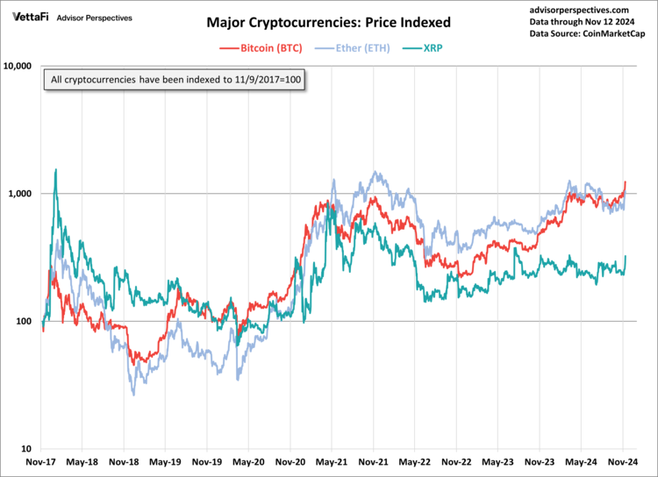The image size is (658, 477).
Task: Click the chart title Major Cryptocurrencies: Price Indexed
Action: click(329, 22)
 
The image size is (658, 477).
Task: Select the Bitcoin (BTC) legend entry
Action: click(261, 48)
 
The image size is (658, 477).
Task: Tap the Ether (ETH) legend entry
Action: click(352, 48)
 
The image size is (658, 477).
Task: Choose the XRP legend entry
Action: click(423, 48)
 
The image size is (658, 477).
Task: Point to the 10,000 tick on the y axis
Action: click(18, 66)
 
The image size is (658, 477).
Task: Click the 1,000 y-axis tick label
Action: click(19, 194)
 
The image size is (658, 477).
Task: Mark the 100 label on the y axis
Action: click(24, 321)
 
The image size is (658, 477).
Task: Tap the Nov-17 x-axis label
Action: click(40, 462)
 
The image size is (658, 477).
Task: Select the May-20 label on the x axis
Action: click(248, 462)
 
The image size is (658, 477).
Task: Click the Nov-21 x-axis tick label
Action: click(373, 462)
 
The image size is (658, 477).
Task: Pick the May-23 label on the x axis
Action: click(497, 462)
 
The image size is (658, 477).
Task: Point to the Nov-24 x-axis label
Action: click(623, 462)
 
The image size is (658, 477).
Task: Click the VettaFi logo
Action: click(30, 18)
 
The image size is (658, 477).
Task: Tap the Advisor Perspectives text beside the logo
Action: click(95, 18)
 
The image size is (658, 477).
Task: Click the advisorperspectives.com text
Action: click(579, 10)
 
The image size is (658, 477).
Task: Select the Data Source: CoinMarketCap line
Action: click(587, 33)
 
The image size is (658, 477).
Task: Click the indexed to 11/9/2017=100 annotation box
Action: click(175, 79)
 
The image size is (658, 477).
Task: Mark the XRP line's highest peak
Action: click(56, 169)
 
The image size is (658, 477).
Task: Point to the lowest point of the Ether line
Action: click(134, 395)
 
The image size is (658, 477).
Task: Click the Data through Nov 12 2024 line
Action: click(582, 22)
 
